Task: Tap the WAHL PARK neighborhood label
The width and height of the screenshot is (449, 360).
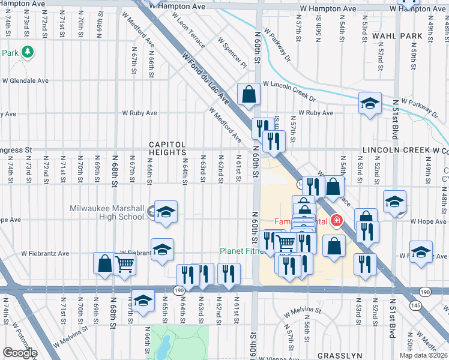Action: (x=397, y=36)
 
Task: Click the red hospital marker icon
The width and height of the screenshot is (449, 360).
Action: (x=337, y=221)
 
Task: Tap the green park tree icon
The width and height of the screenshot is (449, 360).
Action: (x=27, y=53)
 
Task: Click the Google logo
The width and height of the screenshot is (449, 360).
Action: (x=20, y=353)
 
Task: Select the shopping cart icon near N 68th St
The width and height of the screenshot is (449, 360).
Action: (x=124, y=263)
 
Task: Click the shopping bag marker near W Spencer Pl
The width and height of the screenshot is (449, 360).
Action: (x=248, y=94)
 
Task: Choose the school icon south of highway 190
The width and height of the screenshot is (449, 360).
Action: (x=143, y=301)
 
